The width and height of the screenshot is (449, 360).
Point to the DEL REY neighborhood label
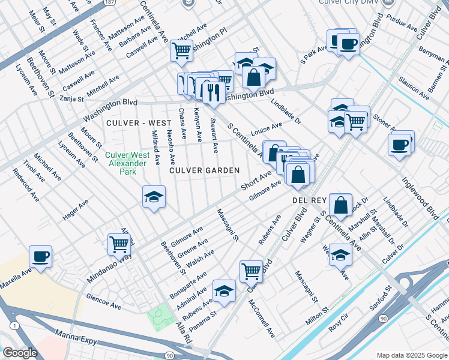[309, 199]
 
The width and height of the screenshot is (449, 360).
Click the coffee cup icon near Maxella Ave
[41, 257]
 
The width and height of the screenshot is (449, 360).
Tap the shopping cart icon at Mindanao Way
[119, 244]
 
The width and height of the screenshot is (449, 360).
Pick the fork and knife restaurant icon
[214, 92]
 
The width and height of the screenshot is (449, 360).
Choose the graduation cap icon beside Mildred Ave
[154, 196]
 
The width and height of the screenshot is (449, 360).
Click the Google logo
[20, 353]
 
